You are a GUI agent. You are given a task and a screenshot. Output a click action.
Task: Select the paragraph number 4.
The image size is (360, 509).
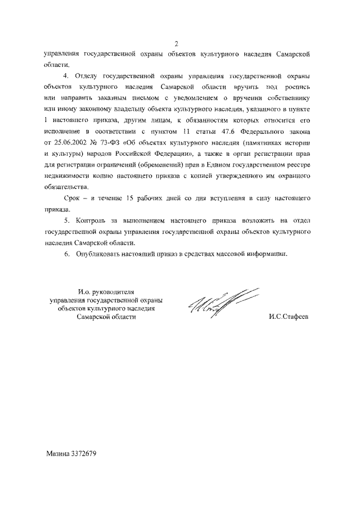pyautogui.click(x=65, y=76)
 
